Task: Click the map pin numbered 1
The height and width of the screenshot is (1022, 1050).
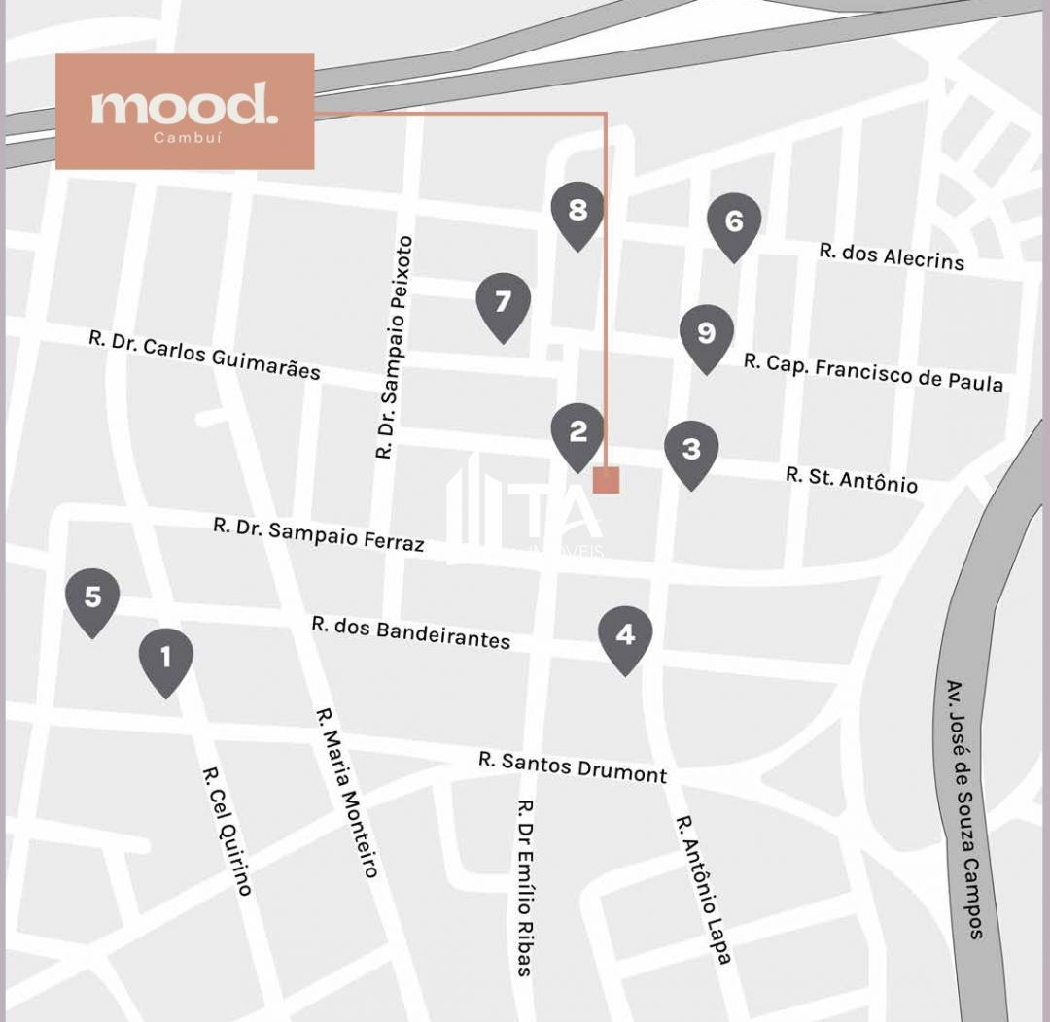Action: pyautogui.click(x=165, y=660)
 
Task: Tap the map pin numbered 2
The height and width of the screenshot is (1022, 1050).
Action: pyautogui.click(x=577, y=433)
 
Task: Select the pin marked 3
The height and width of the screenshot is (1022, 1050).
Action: pyautogui.click(x=691, y=451)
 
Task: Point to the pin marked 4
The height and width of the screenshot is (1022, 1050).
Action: pyautogui.click(x=625, y=636)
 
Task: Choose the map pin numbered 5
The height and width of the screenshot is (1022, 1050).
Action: pyautogui.click(x=92, y=598)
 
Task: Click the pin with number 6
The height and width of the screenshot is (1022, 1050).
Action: pyautogui.click(x=734, y=223)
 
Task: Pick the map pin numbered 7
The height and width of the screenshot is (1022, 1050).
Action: pyautogui.click(x=503, y=304)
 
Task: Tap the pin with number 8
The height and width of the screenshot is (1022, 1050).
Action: pyautogui.click(x=577, y=212)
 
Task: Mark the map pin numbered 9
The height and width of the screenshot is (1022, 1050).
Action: pyautogui.click(x=707, y=335)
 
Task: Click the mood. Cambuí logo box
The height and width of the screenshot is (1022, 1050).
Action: pyautogui.click(x=185, y=112)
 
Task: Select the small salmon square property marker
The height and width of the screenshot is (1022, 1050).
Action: pyautogui.click(x=606, y=480)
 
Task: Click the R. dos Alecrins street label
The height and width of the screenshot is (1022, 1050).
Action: pyautogui.click(x=892, y=255)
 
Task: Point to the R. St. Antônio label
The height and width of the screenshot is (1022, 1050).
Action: pyautogui.click(x=852, y=478)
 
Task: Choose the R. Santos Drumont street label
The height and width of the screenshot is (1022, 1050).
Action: pyautogui.click(x=573, y=766)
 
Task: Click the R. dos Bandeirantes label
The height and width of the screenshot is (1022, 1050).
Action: pyautogui.click(x=411, y=631)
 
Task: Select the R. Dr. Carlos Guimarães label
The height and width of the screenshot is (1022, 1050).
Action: pyautogui.click(x=204, y=354)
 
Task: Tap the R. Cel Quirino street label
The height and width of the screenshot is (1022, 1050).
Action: pyautogui.click(x=227, y=831)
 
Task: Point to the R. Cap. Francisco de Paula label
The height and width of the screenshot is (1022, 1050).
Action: pyautogui.click(x=873, y=371)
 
